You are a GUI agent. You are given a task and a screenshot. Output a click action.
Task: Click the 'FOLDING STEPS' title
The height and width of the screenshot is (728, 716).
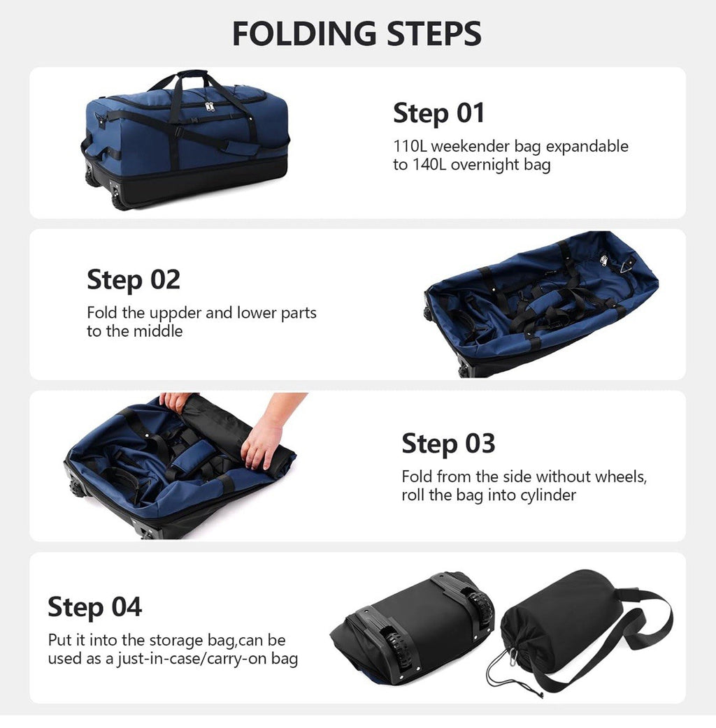pos(357,34)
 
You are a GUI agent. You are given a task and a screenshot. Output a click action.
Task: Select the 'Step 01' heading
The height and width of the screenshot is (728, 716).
pos(438,113)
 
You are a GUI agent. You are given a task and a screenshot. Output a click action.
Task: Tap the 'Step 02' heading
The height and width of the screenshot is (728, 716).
pos(134,280)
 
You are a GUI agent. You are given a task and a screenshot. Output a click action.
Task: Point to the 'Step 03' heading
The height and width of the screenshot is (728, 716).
pos(448,444)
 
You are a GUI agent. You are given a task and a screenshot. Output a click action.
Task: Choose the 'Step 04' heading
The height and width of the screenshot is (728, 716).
pos(94,606)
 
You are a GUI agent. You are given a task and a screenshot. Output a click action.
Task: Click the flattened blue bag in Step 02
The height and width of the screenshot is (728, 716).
pos(542,300)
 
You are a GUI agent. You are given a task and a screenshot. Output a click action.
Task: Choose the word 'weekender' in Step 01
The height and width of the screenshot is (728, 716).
pos(463,147)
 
